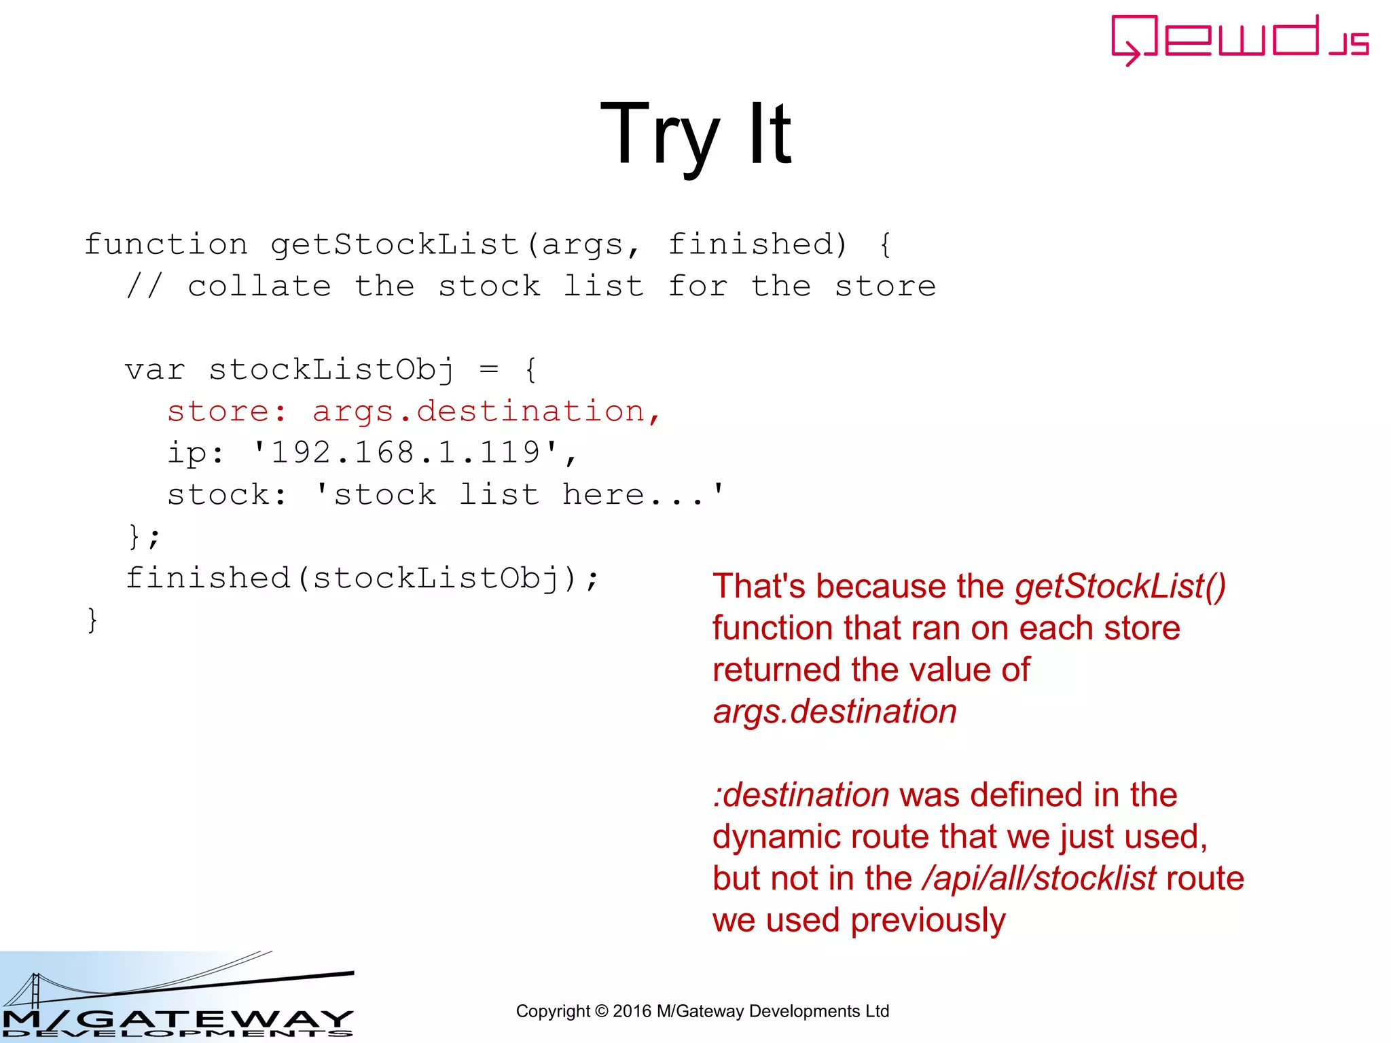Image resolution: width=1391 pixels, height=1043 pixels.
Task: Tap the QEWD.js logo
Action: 1239,39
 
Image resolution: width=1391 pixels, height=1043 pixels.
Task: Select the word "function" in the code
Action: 166,244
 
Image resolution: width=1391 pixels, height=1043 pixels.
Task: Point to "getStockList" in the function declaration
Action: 394,244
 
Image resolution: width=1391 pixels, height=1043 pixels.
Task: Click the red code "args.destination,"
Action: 486,411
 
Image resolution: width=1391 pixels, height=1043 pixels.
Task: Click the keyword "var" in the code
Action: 155,370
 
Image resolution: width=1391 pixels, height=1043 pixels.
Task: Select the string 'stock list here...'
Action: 520,495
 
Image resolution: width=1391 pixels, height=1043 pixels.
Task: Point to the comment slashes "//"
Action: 144,287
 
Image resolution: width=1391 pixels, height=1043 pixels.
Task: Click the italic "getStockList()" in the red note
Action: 1120,586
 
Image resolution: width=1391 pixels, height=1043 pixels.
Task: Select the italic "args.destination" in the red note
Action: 835,712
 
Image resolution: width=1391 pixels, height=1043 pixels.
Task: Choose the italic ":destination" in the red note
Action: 801,795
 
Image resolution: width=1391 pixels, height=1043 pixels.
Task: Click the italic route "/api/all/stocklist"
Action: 1038,879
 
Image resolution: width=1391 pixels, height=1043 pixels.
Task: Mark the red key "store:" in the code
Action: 227,411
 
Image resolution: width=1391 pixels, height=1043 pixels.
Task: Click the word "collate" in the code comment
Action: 259,287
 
